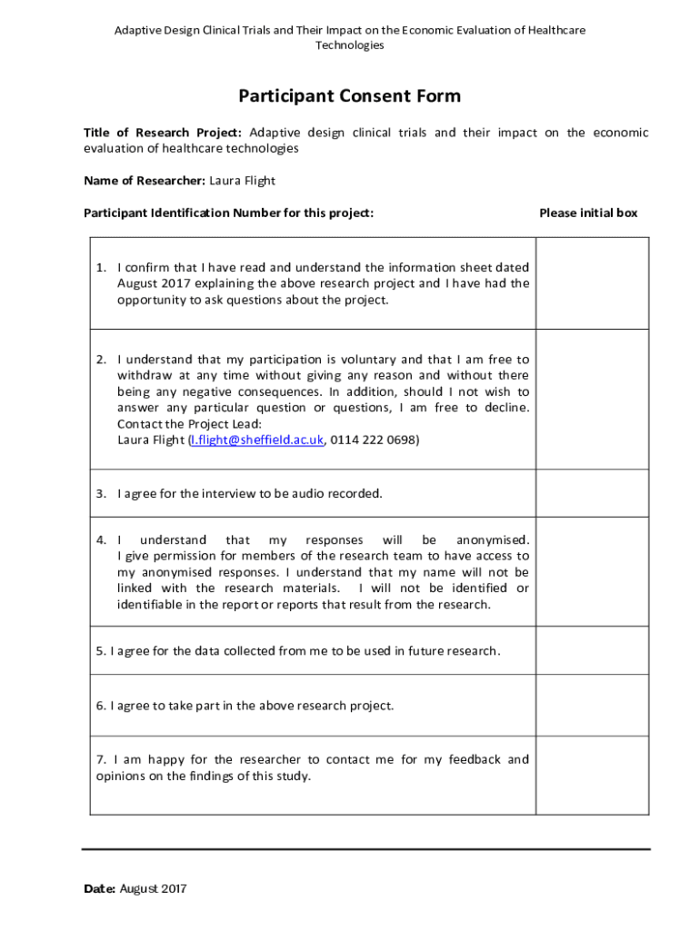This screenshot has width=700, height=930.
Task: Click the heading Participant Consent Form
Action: (349, 96)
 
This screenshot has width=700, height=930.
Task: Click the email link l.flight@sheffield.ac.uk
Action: (255, 440)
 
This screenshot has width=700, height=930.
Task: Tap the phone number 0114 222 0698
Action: (375, 440)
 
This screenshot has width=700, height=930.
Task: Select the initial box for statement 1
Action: (592, 283)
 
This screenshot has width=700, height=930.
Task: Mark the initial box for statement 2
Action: (592, 400)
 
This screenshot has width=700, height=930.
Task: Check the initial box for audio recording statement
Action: (592, 494)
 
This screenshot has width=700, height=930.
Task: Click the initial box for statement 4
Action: (592, 572)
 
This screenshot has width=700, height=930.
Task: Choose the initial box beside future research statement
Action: (592, 650)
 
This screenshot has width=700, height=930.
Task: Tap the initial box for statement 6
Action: (592, 706)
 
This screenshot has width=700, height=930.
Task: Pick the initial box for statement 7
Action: (592, 776)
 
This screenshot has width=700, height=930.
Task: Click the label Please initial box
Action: (588, 213)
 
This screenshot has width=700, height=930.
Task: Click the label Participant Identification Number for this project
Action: (228, 213)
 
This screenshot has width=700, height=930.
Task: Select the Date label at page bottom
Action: (98, 889)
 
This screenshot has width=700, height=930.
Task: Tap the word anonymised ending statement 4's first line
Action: (492, 540)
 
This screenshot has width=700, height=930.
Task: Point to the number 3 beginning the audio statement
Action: (101, 494)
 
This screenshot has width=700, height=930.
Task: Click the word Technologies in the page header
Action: (349, 45)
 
